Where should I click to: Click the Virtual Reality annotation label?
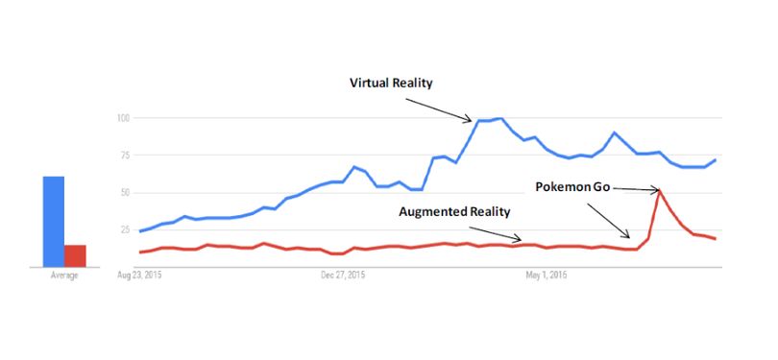click(391, 83)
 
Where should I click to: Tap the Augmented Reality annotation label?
click(454, 212)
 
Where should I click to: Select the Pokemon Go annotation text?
click(573, 187)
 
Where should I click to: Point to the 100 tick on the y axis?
click(123, 118)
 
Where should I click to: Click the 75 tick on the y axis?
click(124, 156)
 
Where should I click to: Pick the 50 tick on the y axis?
click(124, 192)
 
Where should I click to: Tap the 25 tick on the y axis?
click(124, 229)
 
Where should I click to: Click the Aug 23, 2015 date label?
click(139, 276)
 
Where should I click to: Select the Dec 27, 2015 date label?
click(343, 276)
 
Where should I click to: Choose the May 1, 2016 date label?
click(547, 276)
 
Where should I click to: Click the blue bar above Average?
click(54, 222)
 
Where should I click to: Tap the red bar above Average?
click(75, 256)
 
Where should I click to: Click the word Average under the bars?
click(64, 276)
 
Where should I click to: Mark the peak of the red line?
click(659, 190)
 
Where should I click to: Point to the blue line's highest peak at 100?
click(501, 118)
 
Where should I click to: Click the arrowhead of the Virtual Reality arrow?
click(469, 119)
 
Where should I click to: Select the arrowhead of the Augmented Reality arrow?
click(519, 240)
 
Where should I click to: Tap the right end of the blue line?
click(715, 159)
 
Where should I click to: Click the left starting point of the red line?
click(140, 252)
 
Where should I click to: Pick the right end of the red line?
click(715, 239)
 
